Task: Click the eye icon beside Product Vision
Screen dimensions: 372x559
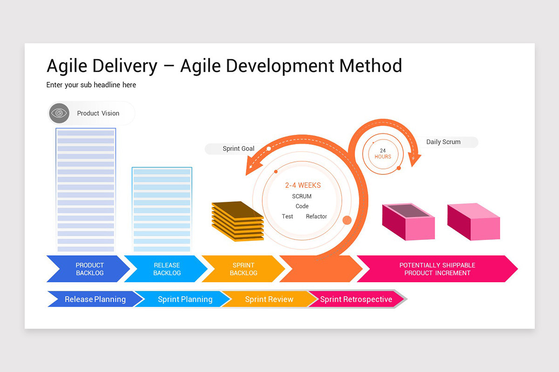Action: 59,113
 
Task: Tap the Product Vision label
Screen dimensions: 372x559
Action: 98,113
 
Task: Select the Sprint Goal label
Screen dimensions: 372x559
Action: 238,149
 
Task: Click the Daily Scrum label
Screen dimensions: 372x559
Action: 443,142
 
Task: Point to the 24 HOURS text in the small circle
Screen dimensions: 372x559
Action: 383,154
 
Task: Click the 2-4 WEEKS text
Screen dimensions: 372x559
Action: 303,185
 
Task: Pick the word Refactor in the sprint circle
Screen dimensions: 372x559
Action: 316,216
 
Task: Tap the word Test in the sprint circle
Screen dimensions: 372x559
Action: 287,216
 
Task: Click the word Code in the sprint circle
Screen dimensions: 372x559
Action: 302,206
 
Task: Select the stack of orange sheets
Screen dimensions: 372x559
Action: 238,221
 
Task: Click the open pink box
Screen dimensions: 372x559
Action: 408,222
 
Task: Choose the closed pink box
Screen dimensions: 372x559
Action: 473,222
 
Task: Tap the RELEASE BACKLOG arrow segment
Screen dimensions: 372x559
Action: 167,269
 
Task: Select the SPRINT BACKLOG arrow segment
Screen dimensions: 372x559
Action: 243,269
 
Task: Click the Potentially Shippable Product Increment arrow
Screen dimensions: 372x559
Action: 437,269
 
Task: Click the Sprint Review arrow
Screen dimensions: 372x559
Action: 269,299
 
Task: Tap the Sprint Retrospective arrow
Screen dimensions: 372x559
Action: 356,299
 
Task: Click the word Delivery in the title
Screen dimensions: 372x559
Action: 125,66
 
